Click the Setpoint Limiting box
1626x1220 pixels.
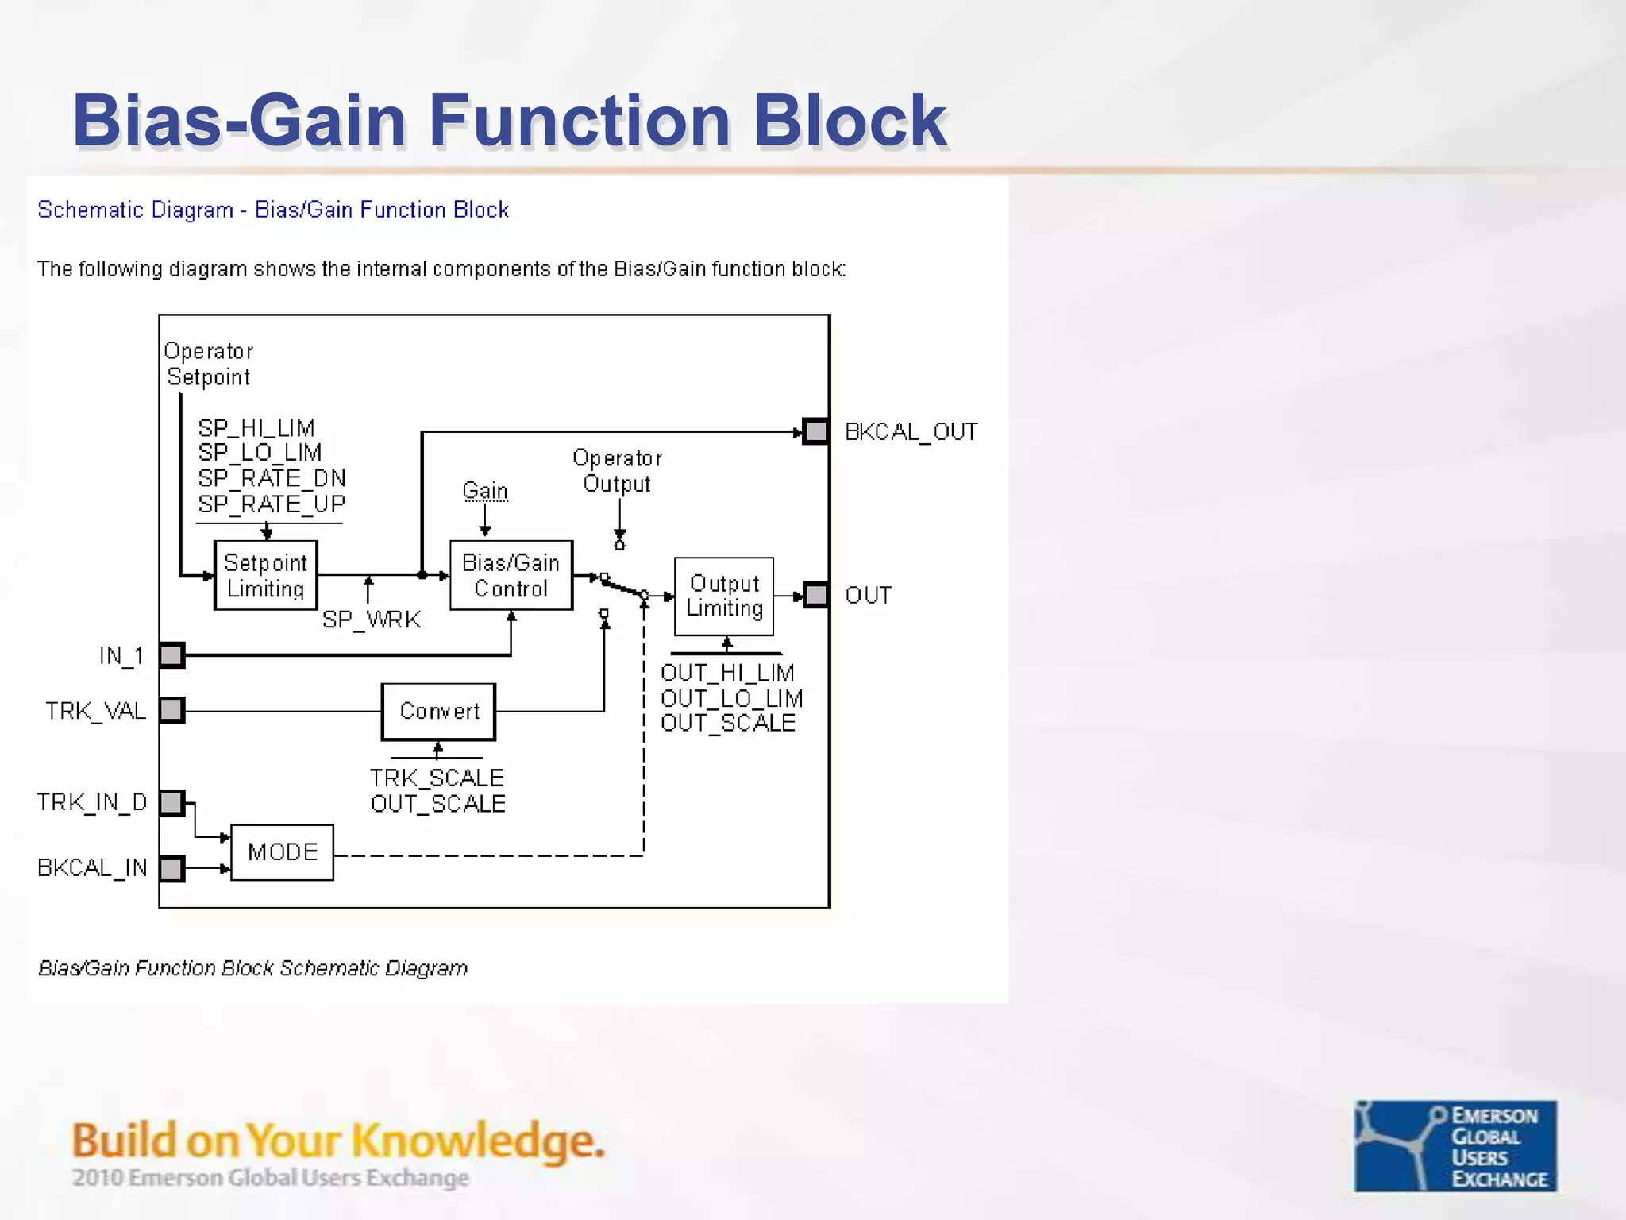click(266, 576)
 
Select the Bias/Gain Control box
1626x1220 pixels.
click(511, 576)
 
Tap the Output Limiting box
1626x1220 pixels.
click(724, 596)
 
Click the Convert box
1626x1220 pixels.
click(439, 712)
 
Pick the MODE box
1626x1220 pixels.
click(283, 852)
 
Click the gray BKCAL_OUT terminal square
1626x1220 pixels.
click(815, 431)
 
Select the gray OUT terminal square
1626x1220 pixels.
click(816, 595)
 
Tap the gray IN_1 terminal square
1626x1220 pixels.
click(171, 655)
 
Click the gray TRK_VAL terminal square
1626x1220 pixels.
click(171, 710)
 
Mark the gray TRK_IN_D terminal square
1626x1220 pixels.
click(171, 803)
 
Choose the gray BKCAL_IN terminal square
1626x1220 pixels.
click(171, 868)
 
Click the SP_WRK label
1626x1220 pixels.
click(372, 620)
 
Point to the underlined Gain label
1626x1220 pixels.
click(485, 491)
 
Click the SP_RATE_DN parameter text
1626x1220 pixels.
click(272, 478)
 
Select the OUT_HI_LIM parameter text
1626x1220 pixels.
click(727, 674)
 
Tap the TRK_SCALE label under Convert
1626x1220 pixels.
click(437, 778)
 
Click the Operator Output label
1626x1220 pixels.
click(617, 471)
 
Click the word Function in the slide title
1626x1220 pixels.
click(580, 121)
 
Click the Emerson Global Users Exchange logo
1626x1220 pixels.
click(1455, 1145)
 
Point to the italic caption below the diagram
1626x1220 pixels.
click(253, 968)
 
